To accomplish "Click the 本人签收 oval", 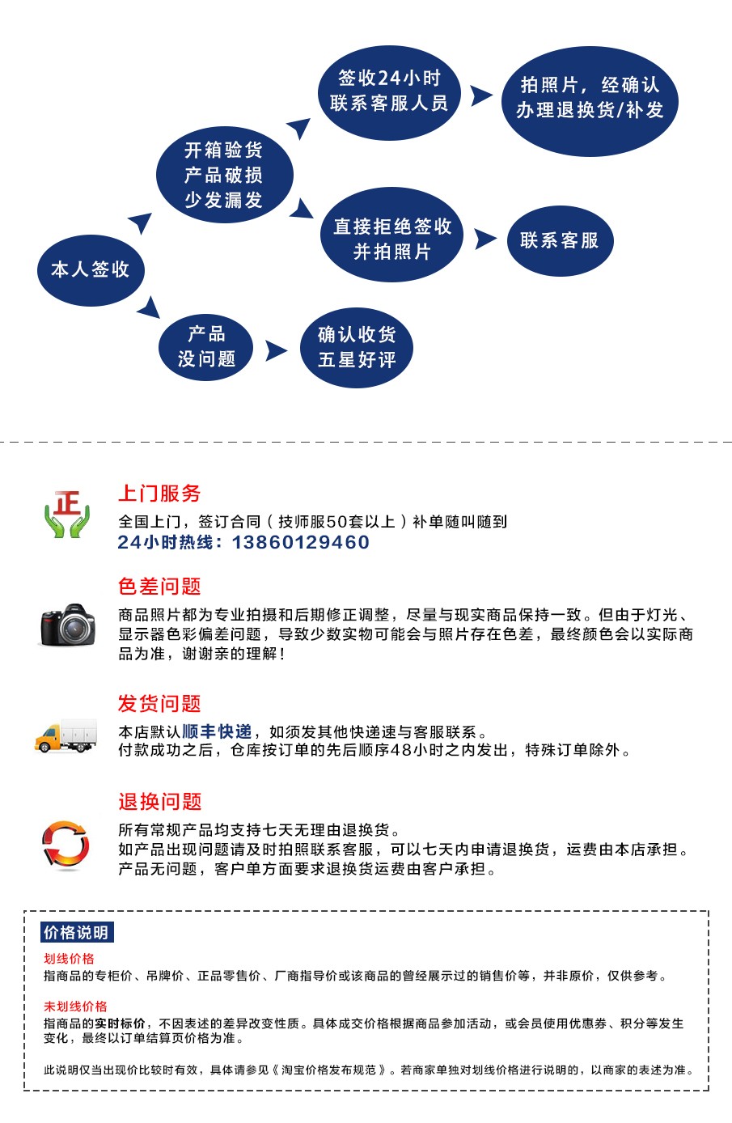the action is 91,270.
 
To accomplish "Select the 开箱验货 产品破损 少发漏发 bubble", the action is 225,175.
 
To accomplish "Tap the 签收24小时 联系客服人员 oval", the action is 389,93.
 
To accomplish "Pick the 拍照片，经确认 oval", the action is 590,101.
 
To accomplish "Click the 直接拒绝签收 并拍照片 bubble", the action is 391,235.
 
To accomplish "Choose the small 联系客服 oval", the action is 561,240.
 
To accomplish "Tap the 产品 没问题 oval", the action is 206,347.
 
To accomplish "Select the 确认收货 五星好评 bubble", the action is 357,347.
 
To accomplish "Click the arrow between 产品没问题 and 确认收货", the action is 276,350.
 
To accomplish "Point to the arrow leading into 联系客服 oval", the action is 485,239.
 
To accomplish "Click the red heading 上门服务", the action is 159,494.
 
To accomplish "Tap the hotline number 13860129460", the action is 301,542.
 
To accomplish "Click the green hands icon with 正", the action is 66,514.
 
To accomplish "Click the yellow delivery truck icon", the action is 66,735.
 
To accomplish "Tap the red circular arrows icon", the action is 66,845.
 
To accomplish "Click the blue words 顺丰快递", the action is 217,732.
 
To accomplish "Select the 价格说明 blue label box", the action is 77,933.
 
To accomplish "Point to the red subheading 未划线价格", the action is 76,1006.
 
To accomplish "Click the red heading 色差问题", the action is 159,586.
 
